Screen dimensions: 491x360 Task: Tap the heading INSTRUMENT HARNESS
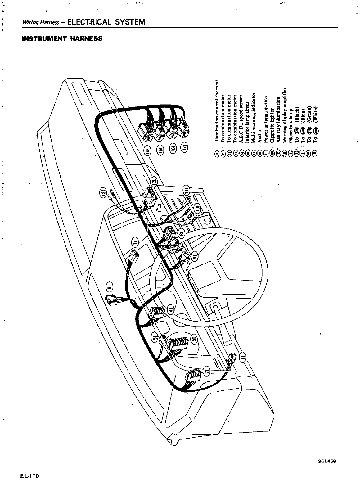(x=62, y=39)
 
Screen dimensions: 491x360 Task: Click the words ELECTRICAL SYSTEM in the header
(x=106, y=22)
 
